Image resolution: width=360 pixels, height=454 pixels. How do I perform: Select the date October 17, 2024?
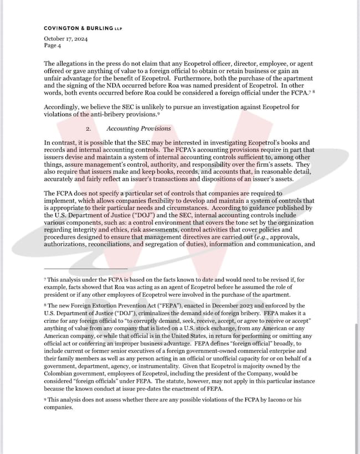65,39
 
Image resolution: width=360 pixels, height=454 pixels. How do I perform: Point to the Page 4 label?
54,46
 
